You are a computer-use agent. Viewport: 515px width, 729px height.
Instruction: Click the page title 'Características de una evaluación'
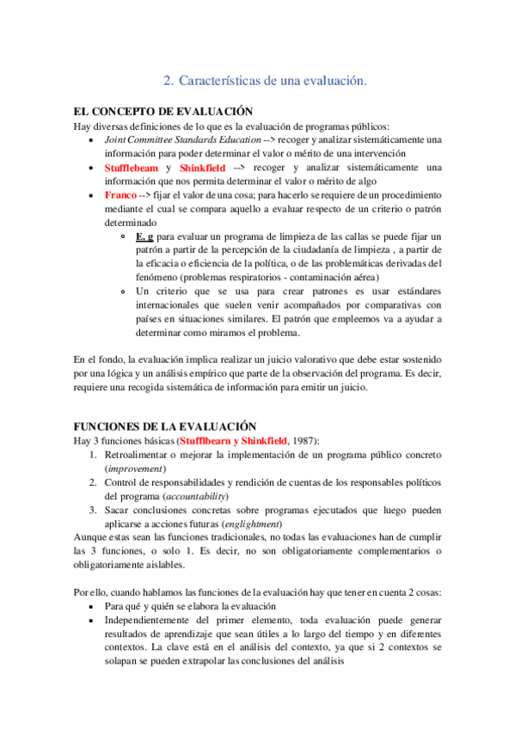pyautogui.click(x=273, y=80)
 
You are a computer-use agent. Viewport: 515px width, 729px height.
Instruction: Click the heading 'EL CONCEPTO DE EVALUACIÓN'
pyautogui.click(x=163, y=111)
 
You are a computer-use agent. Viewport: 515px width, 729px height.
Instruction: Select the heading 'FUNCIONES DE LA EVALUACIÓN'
pyautogui.click(x=166, y=426)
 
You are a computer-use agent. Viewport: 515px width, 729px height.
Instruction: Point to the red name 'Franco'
pyautogui.click(x=121, y=195)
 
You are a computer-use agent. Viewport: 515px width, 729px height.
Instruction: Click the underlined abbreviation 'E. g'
pyautogui.click(x=144, y=236)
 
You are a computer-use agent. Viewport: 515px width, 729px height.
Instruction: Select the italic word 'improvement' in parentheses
pyautogui.click(x=136, y=469)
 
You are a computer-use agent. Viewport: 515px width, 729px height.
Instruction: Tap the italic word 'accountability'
pyautogui.click(x=196, y=496)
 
